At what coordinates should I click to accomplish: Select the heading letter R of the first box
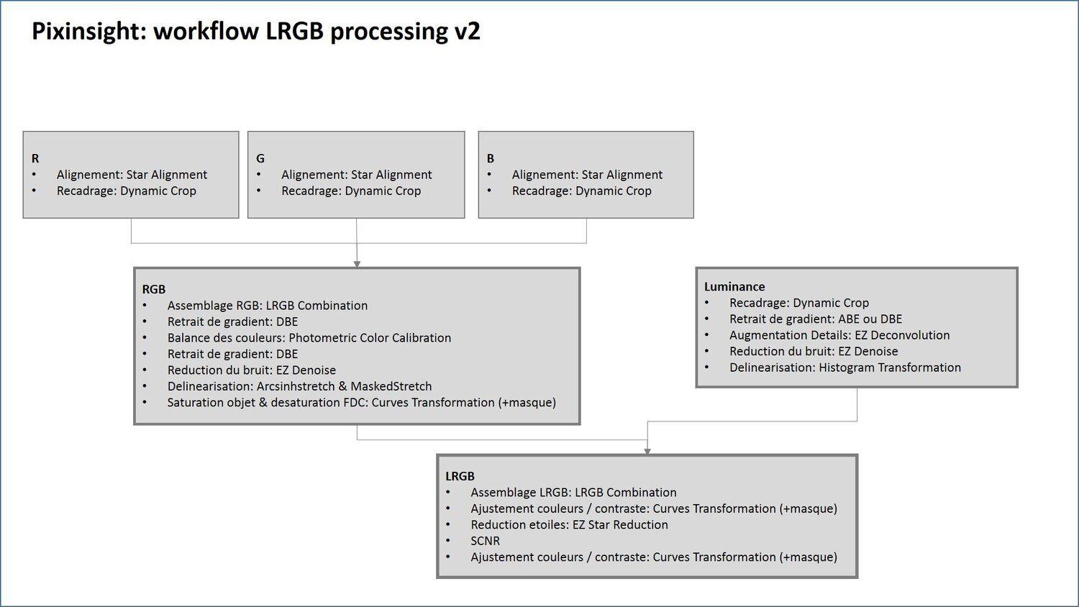click(35, 158)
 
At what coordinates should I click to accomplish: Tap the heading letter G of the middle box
click(260, 158)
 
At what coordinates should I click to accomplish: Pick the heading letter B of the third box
click(491, 158)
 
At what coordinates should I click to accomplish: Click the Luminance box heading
click(734, 286)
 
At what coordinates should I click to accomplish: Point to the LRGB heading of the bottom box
click(460, 476)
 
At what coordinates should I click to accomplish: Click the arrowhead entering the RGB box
click(357, 264)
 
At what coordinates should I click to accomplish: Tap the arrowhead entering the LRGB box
click(647, 451)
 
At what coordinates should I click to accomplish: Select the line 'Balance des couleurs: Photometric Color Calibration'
click(309, 338)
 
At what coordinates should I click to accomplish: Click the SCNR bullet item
click(485, 541)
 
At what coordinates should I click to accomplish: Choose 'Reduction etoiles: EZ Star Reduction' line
click(569, 525)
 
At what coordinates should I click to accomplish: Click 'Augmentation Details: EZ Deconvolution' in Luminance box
click(839, 335)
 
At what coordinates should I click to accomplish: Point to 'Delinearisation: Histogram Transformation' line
click(844, 368)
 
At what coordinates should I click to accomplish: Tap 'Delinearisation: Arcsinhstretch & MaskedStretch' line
click(299, 386)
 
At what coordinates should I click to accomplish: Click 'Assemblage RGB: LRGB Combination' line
click(267, 306)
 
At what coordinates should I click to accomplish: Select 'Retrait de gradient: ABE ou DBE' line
click(815, 319)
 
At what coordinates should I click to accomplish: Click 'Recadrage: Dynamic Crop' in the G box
click(351, 191)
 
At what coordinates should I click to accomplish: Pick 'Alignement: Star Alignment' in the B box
click(587, 175)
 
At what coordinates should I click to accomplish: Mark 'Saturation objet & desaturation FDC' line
click(361, 403)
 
